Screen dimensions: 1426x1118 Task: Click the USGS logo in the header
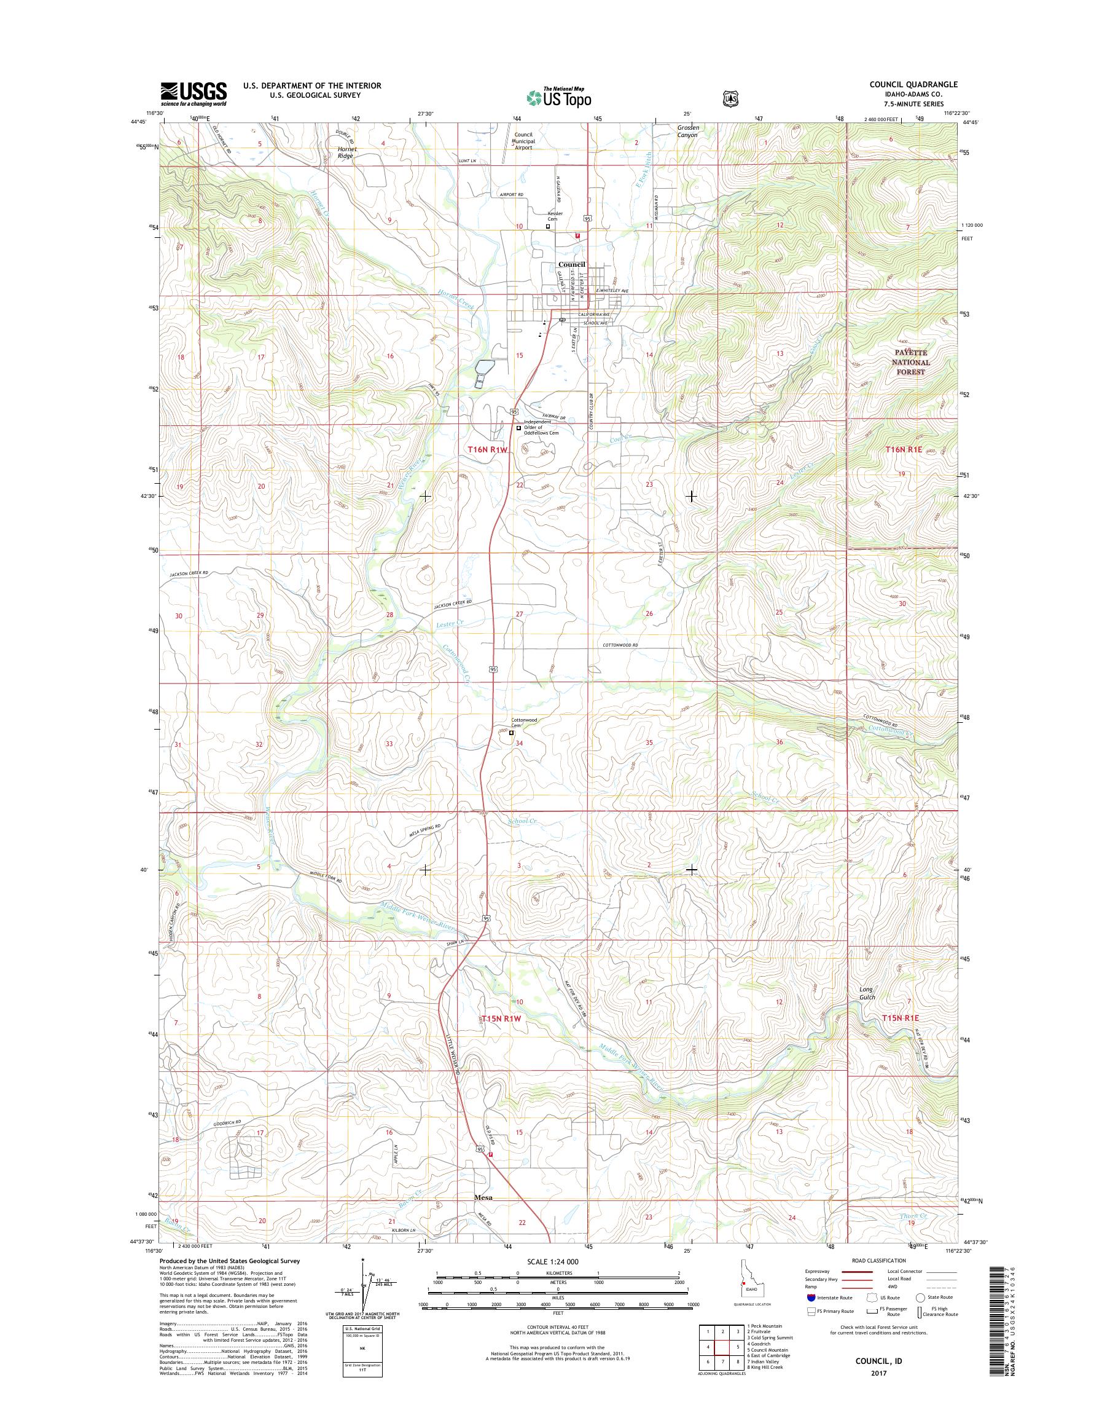[x=193, y=93]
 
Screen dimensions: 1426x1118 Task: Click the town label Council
[x=571, y=265]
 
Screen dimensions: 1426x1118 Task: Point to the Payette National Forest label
[x=910, y=361]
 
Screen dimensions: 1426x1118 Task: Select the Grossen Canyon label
[x=688, y=131]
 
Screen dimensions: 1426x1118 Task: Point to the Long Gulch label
[x=867, y=993]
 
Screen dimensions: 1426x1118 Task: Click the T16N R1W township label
[x=488, y=449]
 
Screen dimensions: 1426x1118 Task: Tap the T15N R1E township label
[x=901, y=1036]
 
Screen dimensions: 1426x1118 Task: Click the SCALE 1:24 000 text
[x=553, y=1261]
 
